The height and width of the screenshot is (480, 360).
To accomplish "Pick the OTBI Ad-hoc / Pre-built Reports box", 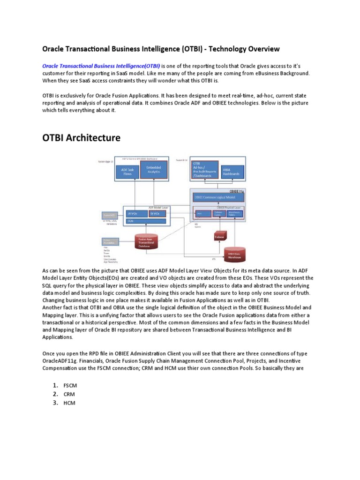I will pos(204,170).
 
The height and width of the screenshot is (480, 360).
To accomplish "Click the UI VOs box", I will pos(136,213).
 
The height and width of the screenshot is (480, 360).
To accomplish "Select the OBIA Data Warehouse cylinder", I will pos(237,255).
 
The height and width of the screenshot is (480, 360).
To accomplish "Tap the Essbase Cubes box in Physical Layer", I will pos(218,213).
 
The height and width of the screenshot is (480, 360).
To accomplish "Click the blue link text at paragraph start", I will pos(101,66).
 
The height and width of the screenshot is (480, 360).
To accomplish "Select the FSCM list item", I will pos(70,385).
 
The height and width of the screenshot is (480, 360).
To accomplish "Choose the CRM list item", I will pos(70,394).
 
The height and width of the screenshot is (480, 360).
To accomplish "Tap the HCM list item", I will pos(70,403).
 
